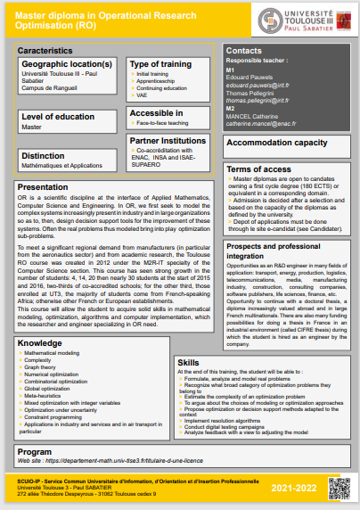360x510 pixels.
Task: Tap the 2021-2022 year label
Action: click(x=293, y=488)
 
